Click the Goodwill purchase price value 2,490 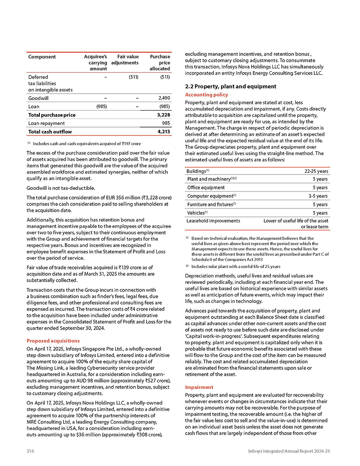[163, 98]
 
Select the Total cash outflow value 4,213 [163, 132]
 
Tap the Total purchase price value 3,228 [163, 115]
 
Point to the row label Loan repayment [46, 123]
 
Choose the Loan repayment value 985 [166, 123]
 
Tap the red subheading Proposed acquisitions [53, 341]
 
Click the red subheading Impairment [198, 387]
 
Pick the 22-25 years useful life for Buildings [316, 171]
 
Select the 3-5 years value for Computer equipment [318, 196]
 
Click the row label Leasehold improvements [213, 221]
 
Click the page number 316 [30, 451]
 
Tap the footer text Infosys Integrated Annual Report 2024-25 [289, 451]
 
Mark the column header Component [42, 57]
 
